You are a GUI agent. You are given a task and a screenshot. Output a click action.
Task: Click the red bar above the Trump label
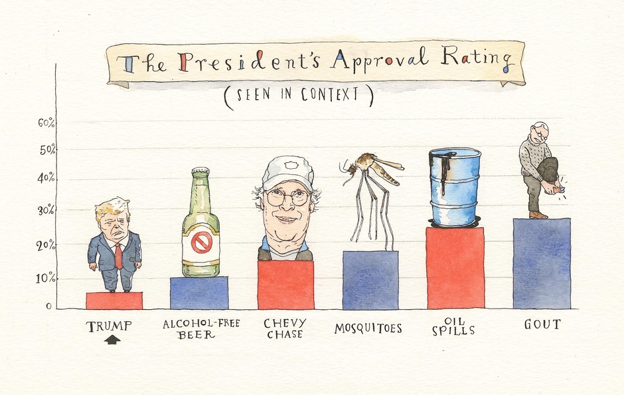point(114,301)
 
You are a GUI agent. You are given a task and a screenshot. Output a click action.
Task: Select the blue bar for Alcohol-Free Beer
point(199,293)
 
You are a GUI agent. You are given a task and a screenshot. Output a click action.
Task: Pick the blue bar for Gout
point(542,263)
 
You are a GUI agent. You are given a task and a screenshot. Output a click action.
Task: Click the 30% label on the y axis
point(46,211)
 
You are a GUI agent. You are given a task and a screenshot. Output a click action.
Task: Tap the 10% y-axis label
point(46,278)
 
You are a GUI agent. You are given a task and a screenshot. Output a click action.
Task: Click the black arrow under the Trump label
point(113,340)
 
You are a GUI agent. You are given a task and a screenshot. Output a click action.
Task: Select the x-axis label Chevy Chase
point(285,329)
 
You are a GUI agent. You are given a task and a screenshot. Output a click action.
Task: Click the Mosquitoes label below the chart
point(368,328)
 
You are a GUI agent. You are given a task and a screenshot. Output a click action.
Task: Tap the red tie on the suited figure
point(118,255)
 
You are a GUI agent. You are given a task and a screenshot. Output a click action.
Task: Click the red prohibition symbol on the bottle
point(200,243)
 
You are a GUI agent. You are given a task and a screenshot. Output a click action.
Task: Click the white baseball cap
point(287,172)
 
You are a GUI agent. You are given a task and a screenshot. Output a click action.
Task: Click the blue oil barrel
point(455,186)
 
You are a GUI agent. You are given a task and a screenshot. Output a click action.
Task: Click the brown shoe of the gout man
point(538,215)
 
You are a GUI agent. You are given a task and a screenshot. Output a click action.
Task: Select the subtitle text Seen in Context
point(298,94)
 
